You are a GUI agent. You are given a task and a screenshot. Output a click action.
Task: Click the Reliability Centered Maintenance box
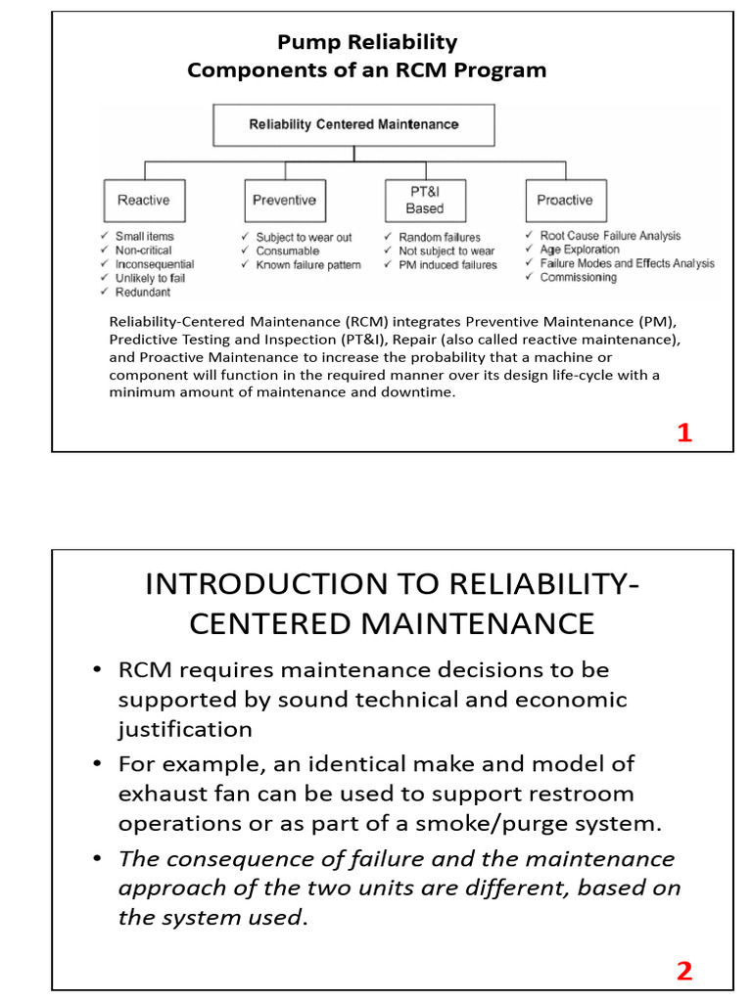tap(353, 125)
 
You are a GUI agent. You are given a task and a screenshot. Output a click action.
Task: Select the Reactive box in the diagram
tap(143, 201)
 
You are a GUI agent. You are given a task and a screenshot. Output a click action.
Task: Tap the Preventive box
tap(284, 201)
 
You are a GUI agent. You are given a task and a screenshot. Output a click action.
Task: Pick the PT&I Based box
tap(424, 201)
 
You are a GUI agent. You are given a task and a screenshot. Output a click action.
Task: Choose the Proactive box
tap(564, 201)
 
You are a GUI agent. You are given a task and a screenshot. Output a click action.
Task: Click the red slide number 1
tap(684, 433)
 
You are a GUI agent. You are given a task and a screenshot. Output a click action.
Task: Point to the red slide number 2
tap(684, 971)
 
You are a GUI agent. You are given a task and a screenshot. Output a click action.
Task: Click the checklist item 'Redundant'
tap(142, 293)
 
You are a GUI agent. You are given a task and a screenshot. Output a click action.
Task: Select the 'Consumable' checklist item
tap(287, 251)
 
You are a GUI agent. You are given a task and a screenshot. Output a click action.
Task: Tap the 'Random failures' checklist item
tap(439, 238)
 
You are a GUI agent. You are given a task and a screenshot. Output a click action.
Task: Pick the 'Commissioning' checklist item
tap(578, 278)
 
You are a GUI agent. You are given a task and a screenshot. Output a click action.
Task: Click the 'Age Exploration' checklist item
tap(580, 250)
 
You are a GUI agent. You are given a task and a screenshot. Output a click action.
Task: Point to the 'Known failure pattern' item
tap(307, 265)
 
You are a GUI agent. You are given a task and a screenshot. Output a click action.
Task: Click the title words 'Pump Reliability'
tap(367, 42)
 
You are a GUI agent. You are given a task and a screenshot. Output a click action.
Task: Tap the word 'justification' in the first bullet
tap(185, 730)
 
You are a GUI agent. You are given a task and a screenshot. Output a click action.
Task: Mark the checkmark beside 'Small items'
tap(104, 237)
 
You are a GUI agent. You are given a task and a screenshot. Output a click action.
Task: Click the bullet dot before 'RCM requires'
tap(97, 670)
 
